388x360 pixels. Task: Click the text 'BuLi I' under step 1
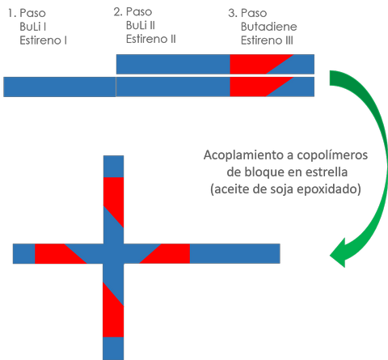33,27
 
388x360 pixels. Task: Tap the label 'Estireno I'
43,40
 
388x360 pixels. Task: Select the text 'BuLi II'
141,25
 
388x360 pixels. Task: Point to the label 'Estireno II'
151,39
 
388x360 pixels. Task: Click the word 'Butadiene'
269,27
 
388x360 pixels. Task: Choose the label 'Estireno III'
267,40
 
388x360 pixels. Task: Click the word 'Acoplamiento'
248,155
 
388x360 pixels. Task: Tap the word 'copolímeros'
332,155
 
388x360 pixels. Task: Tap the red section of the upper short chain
253,64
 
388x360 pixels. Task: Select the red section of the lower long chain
253,87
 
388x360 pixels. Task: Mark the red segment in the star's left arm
54,253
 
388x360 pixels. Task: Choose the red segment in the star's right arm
170,254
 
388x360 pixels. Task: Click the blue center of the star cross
113,253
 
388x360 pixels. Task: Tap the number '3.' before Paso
233,13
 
